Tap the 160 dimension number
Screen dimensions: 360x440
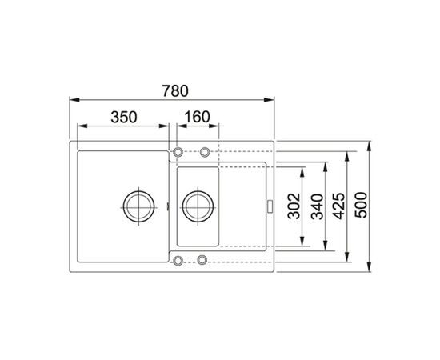(196, 117)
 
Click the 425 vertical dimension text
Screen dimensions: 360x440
(341, 206)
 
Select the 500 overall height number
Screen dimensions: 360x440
(363, 206)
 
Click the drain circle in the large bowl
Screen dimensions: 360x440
(137, 206)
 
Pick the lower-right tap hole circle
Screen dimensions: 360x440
(202, 260)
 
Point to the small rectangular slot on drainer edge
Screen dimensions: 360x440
(270, 206)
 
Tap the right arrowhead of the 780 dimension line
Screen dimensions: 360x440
(272, 99)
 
